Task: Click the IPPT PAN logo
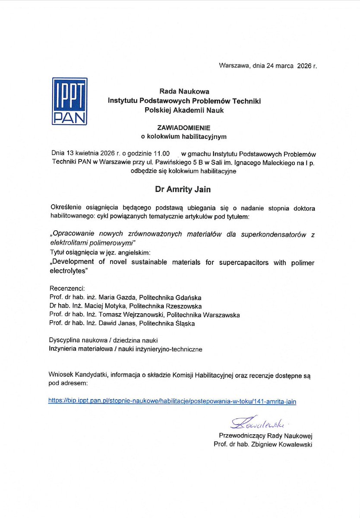[69, 101]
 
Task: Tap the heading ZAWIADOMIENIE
[184, 128]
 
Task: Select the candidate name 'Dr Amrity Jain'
[183, 189]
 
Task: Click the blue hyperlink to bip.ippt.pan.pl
[172, 401]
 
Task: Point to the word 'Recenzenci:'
[67, 289]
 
